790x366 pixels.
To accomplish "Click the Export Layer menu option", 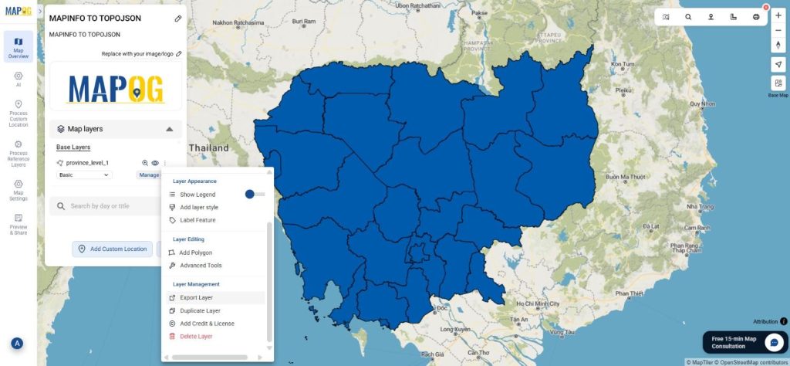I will pos(196,297).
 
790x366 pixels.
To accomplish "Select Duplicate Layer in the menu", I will pos(200,310).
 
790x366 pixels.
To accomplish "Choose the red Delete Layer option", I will pos(195,337).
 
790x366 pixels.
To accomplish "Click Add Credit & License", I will pos(207,324).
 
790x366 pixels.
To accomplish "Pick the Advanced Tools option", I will pos(201,266).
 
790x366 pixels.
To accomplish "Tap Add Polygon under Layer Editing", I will pos(195,252).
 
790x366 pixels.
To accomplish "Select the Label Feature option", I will pos(197,220).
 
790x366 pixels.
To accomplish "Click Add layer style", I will pos(198,208).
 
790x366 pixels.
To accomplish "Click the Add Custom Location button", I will pos(113,249).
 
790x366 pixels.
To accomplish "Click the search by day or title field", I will pos(108,206).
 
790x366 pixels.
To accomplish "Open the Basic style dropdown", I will pos(84,175).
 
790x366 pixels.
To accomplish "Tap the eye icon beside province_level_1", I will pos(155,163).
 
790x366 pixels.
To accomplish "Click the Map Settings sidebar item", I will pos(18,190).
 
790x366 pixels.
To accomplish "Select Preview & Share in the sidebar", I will pos(18,225).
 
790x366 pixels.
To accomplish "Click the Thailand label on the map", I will pos(211,148).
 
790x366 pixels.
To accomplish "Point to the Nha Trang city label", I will pos(700,207).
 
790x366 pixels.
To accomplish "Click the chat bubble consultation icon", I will pos(774,342).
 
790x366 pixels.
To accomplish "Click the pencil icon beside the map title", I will pos(178,18).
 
